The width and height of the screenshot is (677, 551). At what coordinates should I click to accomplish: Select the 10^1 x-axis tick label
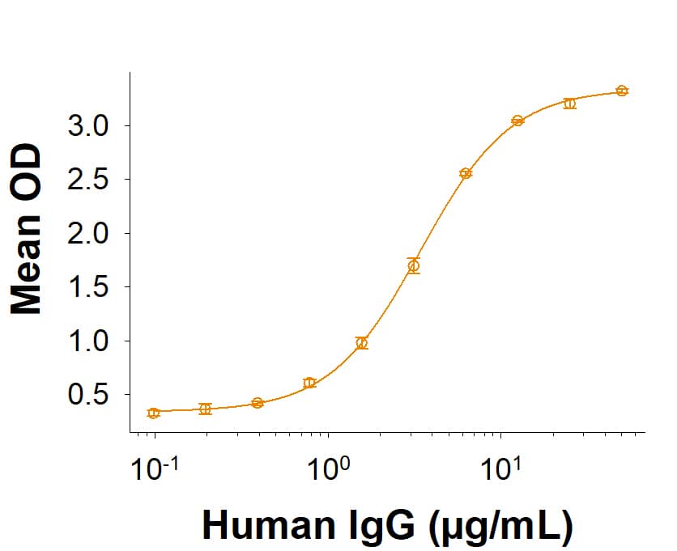(502, 468)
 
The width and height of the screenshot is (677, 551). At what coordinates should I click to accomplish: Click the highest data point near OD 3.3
(621, 91)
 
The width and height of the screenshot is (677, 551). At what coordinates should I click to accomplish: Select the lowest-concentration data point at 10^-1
(154, 413)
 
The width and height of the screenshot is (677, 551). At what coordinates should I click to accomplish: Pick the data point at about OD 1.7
(414, 265)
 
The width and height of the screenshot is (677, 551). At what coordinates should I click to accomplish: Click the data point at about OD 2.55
(466, 173)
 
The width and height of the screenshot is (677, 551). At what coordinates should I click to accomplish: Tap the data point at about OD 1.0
(361, 343)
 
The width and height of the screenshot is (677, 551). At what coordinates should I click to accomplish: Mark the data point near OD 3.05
(517, 121)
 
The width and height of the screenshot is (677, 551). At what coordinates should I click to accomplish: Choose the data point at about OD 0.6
(309, 383)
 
